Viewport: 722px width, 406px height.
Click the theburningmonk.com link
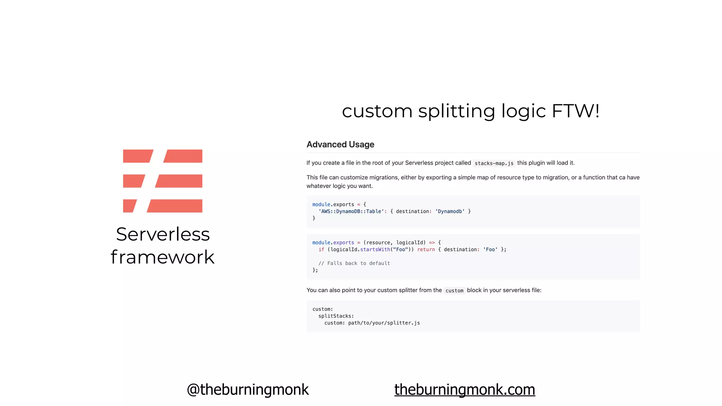point(464,389)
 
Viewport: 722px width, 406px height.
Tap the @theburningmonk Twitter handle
point(247,389)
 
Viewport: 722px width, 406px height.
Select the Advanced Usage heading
point(340,144)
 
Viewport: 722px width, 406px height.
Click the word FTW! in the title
point(575,111)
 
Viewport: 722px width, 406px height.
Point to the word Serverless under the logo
point(163,234)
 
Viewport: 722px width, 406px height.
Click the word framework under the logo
point(163,257)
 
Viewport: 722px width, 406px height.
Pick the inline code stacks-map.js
point(494,163)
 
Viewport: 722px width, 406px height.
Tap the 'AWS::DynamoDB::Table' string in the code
point(351,211)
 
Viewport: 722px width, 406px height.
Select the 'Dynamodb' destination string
point(450,211)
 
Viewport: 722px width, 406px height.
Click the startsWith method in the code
point(375,250)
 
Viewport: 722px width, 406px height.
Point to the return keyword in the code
point(426,250)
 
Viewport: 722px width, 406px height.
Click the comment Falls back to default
point(354,263)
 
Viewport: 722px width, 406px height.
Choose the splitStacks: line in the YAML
point(336,316)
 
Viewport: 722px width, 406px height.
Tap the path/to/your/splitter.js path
point(384,323)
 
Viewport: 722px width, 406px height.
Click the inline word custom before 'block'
point(454,291)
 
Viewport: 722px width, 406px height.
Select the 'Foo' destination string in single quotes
point(490,250)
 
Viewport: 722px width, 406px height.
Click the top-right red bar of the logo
point(183,156)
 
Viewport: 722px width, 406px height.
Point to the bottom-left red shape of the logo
point(129,206)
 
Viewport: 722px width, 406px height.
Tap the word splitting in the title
point(457,112)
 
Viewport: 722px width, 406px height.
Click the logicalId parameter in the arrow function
point(411,242)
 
